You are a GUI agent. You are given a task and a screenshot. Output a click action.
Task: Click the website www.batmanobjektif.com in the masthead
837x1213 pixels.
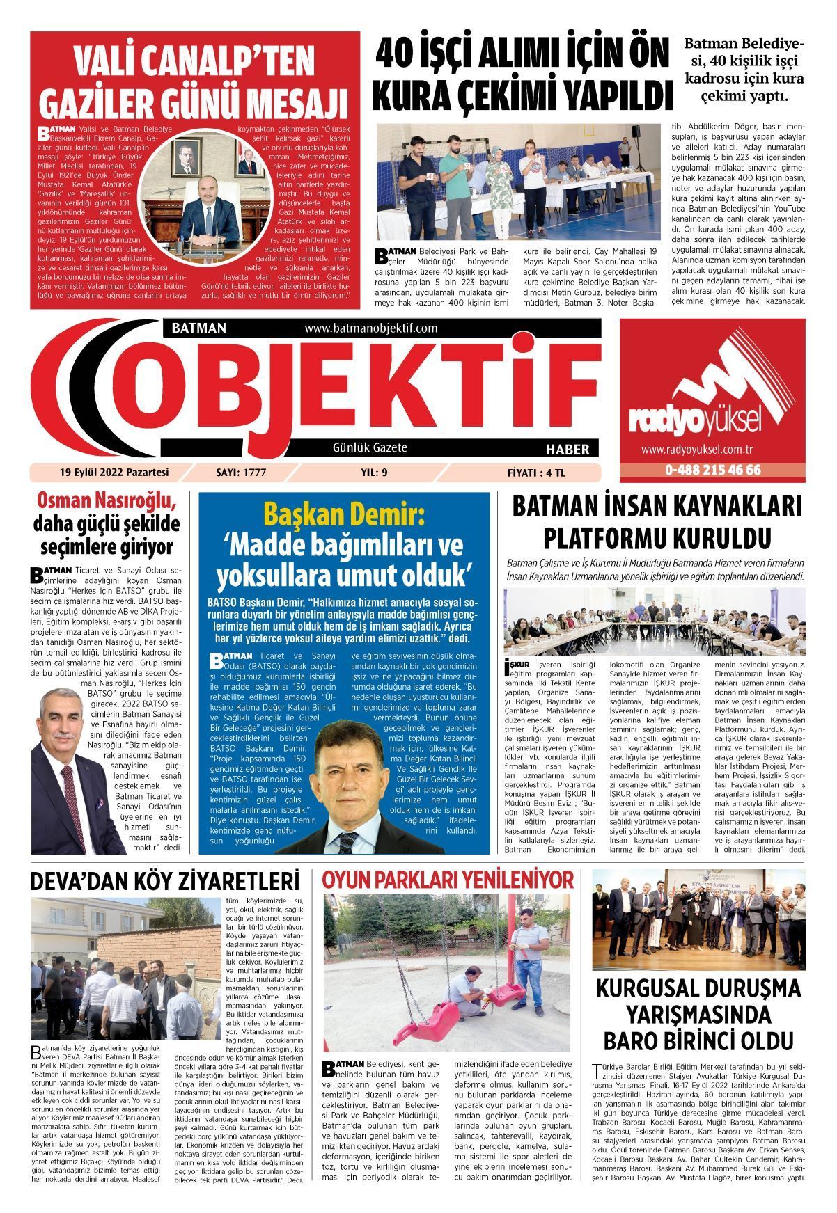pos(370,328)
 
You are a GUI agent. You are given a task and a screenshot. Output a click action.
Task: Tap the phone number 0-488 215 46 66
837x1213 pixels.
pos(712,470)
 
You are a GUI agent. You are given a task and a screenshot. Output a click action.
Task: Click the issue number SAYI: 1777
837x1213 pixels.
pos(242,473)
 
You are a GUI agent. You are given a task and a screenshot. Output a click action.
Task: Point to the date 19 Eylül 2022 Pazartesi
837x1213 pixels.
pos(114,473)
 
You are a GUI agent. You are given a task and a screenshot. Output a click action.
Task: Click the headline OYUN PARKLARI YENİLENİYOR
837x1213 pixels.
pos(448,879)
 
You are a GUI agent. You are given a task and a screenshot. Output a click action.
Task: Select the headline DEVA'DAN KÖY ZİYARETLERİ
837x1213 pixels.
pos(165,881)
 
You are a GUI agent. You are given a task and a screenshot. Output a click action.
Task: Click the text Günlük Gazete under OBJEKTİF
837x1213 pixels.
pos(370,448)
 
